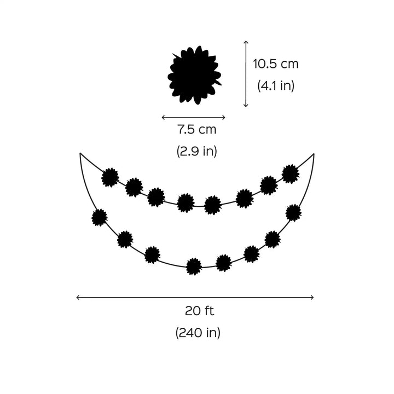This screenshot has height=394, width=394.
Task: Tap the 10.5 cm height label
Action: point(275,64)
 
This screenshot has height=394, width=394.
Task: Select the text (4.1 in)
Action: point(275,86)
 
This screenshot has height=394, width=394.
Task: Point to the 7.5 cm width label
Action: point(196,130)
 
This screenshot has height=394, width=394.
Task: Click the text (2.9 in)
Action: point(196,152)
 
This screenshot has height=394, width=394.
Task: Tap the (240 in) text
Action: point(198,333)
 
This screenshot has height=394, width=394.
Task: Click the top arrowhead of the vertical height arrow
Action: point(246,42)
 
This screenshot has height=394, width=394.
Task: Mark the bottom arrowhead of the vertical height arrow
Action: point(246,106)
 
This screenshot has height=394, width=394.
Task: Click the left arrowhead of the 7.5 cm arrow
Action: point(163,117)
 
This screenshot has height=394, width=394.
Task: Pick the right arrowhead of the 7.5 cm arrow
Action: point(224,117)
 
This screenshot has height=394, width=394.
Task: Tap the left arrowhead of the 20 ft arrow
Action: point(77,297)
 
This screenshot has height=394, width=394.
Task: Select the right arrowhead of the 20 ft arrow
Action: point(313,297)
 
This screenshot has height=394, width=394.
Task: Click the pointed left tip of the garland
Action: point(80,154)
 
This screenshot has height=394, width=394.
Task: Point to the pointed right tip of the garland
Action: point(314,154)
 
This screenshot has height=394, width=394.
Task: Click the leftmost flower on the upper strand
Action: point(111,177)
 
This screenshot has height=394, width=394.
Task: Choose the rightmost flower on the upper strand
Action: point(290,173)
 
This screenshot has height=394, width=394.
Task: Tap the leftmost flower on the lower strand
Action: point(100,218)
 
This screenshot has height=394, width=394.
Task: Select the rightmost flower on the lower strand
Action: point(294,212)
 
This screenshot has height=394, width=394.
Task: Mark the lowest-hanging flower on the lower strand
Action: point(194,266)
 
